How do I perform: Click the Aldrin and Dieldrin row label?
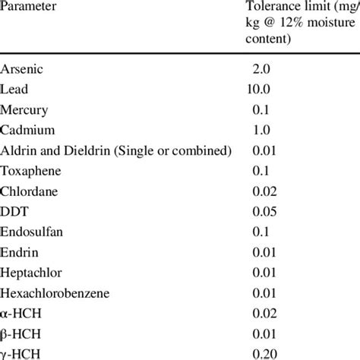pos(115,150)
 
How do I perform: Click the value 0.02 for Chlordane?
pos(265,191)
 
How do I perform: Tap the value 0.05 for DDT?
pos(265,211)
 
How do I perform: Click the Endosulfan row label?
pos(31,232)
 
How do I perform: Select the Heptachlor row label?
pos(31,272)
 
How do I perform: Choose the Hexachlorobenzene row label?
pos(50,292)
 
